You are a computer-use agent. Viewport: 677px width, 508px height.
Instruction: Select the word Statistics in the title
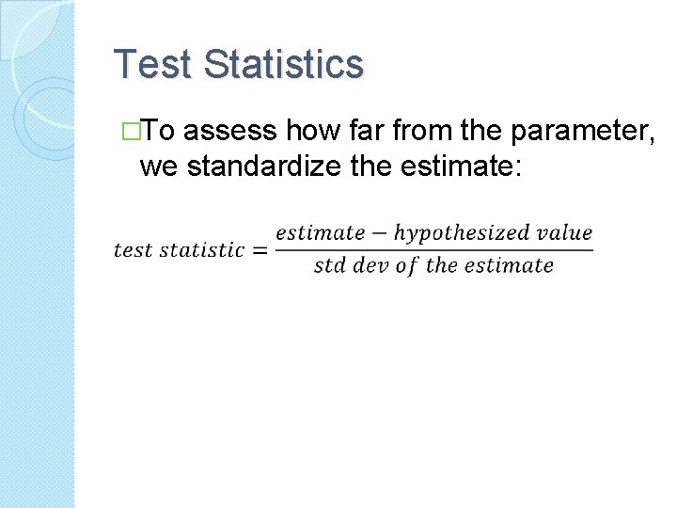(x=283, y=65)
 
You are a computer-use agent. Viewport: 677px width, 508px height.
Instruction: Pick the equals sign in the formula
(x=260, y=250)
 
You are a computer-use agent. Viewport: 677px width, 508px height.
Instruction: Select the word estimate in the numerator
(x=320, y=232)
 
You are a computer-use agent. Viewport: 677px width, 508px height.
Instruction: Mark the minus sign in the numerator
(x=379, y=233)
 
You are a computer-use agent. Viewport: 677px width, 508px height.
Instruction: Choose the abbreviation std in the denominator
(x=330, y=265)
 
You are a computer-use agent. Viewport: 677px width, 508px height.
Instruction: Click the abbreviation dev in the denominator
(x=370, y=265)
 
